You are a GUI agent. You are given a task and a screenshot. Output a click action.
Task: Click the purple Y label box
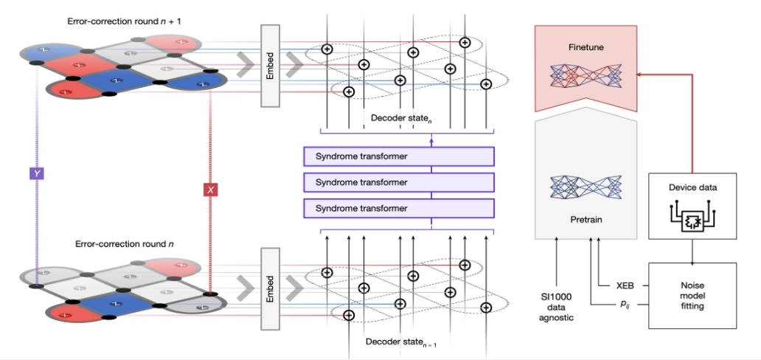click(36, 173)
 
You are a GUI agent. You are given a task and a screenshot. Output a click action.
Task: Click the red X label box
click(210, 190)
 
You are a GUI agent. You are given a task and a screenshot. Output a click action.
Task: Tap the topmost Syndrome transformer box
click(397, 156)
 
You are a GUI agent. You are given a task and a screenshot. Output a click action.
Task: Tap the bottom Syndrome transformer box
click(397, 209)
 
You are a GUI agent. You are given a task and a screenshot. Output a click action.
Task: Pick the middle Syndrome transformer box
click(397, 182)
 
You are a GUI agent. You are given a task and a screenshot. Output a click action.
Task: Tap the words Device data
click(692, 187)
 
